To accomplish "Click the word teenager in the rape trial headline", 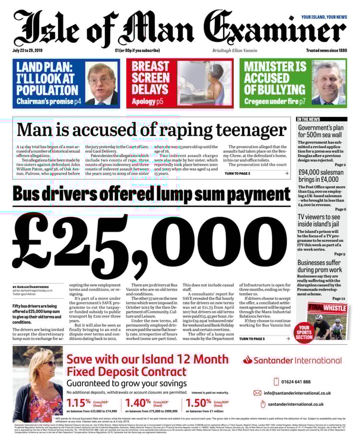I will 238,130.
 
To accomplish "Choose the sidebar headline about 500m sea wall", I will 321,131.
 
